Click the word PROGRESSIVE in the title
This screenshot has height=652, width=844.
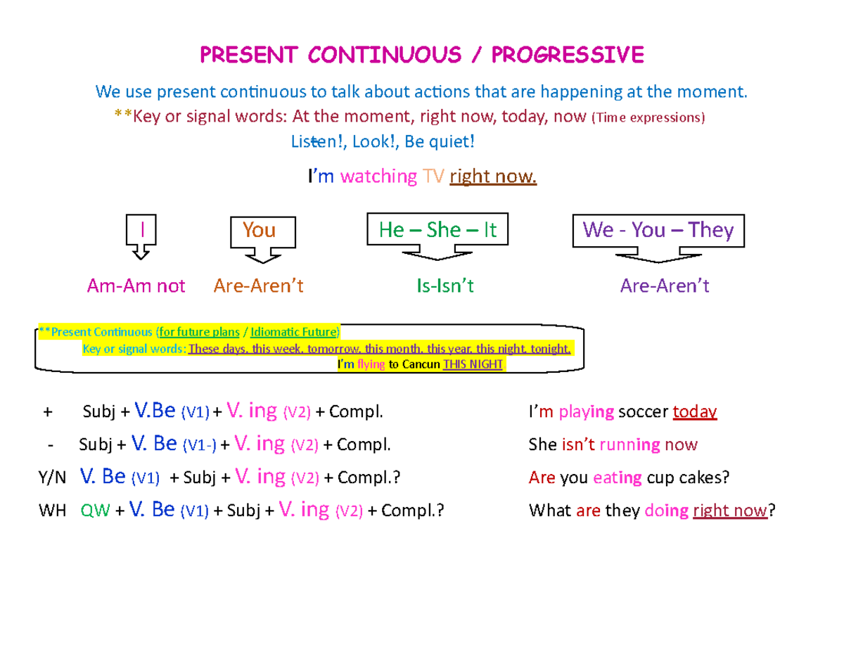(x=568, y=54)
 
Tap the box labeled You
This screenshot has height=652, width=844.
(x=260, y=231)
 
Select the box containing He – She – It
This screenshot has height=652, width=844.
(x=437, y=230)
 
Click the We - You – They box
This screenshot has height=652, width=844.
(x=658, y=230)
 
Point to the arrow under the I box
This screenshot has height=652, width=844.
(x=141, y=252)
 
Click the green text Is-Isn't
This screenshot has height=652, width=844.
(x=445, y=286)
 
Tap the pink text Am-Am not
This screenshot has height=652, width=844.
(x=136, y=286)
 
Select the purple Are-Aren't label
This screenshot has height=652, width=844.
(x=665, y=286)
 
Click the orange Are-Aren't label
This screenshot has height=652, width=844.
(x=259, y=286)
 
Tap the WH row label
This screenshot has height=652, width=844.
(x=51, y=511)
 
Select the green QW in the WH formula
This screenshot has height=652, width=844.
(x=96, y=511)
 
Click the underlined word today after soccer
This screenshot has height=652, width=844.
(x=695, y=412)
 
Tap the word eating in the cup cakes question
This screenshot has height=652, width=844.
(x=618, y=478)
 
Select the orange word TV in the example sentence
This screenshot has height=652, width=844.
(x=433, y=177)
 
